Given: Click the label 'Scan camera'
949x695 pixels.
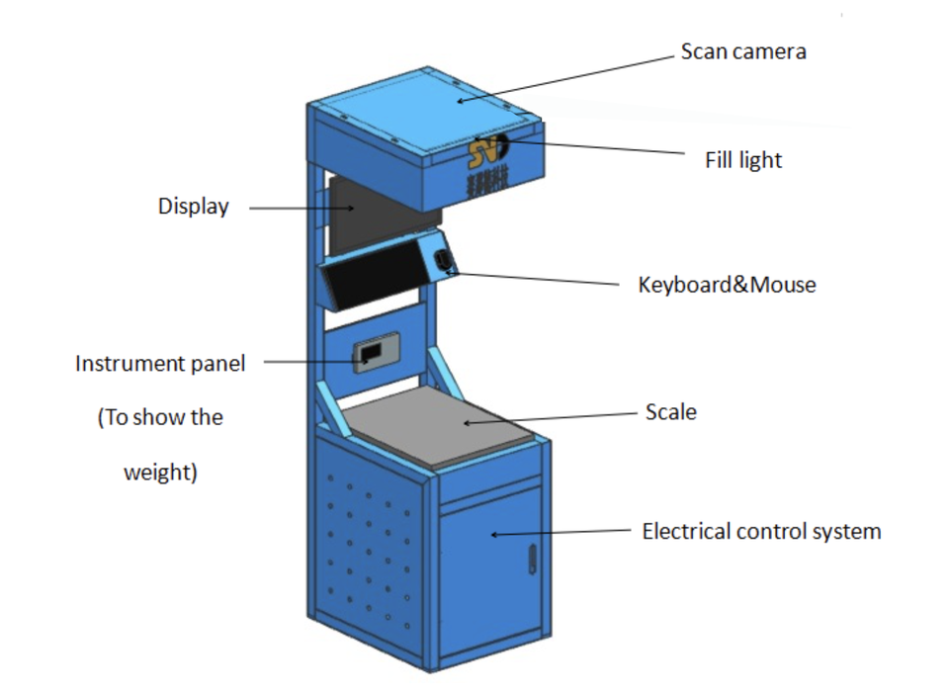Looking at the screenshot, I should (743, 51).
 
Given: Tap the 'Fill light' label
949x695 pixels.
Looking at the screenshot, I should (743, 159).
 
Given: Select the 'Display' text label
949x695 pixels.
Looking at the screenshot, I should (194, 207).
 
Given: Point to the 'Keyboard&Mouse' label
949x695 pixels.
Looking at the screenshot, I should (728, 285).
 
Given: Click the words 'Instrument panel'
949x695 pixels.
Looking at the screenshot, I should (160, 364).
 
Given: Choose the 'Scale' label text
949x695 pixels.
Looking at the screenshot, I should (670, 411).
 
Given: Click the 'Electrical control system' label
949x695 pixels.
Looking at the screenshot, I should (761, 532).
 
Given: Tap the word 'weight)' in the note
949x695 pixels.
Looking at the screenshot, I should (160, 473).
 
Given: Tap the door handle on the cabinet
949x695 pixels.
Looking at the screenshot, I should (531, 560).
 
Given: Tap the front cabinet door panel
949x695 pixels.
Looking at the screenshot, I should (489, 573).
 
